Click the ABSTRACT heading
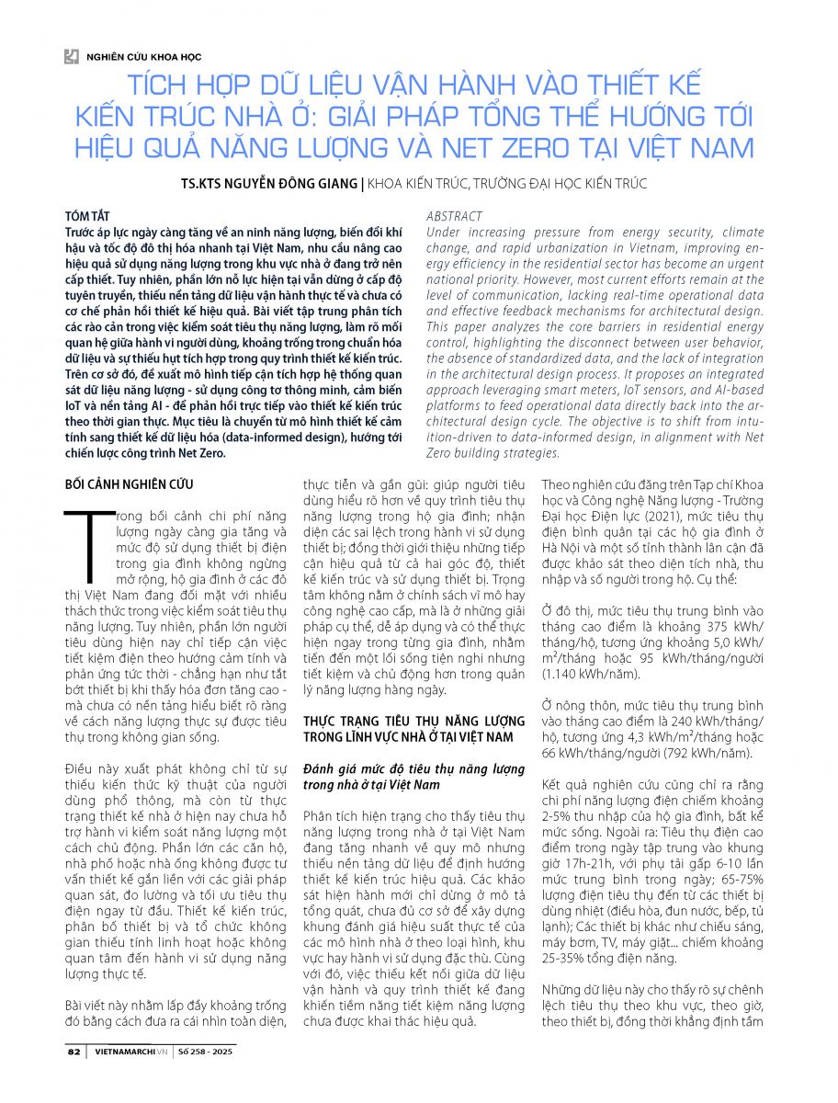454,217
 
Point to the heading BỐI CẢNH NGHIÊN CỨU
129,484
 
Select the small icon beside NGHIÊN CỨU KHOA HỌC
71,57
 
